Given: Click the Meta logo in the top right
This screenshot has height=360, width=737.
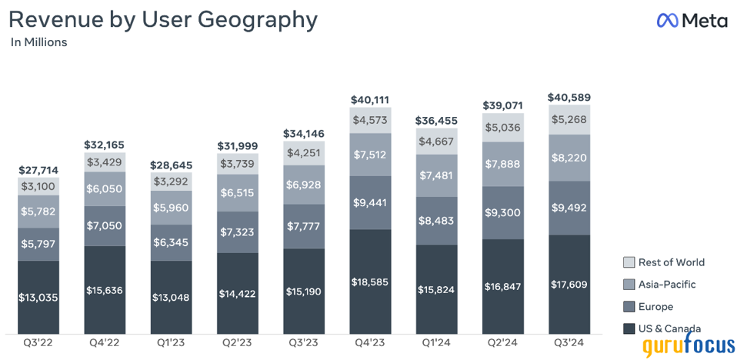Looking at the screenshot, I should [692, 21].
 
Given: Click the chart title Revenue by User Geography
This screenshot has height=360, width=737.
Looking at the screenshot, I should [162, 19].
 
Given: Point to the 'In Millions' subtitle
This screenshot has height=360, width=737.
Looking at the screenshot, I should [38, 42].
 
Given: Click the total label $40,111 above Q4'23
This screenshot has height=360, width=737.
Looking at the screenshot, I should [370, 100].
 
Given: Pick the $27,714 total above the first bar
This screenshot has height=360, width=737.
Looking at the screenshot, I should [38, 170].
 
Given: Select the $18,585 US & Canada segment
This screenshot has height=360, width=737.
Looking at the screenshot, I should [370, 282].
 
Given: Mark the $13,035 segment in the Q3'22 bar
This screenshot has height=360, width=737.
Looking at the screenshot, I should [38, 297].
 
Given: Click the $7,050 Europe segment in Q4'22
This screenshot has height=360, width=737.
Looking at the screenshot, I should [105, 225].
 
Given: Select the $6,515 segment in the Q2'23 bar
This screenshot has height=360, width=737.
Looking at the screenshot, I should [237, 192].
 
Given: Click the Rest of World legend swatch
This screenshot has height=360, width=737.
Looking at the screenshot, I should [629, 262].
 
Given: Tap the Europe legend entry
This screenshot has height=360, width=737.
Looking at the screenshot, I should [650, 306].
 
